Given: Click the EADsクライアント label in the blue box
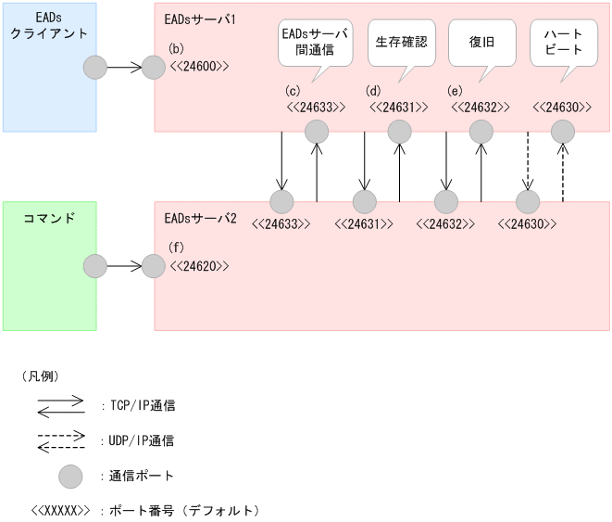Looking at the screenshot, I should click(x=49, y=25).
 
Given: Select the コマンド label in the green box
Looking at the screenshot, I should click(x=48, y=219).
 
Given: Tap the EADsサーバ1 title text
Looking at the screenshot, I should click(x=199, y=18).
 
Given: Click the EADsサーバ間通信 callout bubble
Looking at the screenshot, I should click(x=315, y=43).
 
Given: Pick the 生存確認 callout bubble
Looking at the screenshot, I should click(x=401, y=43).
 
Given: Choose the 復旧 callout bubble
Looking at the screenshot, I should click(x=481, y=43).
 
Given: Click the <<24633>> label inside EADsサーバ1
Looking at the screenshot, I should click(x=316, y=107).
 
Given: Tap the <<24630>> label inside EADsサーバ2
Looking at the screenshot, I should click(x=527, y=223).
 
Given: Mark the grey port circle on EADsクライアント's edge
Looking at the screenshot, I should click(x=95, y=68).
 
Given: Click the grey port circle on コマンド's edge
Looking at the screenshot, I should click(x=95, y=267).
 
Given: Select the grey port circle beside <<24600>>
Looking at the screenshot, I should click(x=155, y=68).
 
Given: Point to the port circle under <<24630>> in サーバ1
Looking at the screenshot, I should click(x=563, y=133).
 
